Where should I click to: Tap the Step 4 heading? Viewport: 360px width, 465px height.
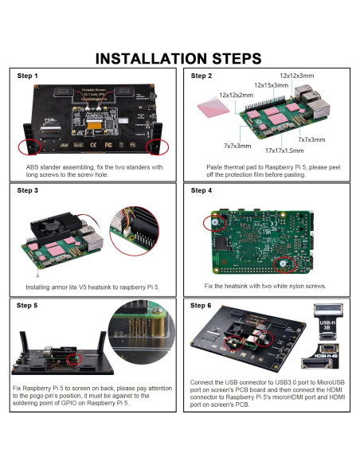(202, 191)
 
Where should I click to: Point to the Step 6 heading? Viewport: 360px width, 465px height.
(202, 306)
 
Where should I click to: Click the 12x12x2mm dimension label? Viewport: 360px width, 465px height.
(237, 95)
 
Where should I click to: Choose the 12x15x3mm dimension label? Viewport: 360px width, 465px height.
(271, 85)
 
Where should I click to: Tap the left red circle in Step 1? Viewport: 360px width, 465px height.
(29, 147)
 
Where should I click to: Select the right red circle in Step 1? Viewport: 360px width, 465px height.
(157, 147)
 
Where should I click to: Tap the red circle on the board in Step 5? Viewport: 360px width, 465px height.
(76, 359)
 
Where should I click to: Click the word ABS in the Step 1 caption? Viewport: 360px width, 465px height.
(33, 167)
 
